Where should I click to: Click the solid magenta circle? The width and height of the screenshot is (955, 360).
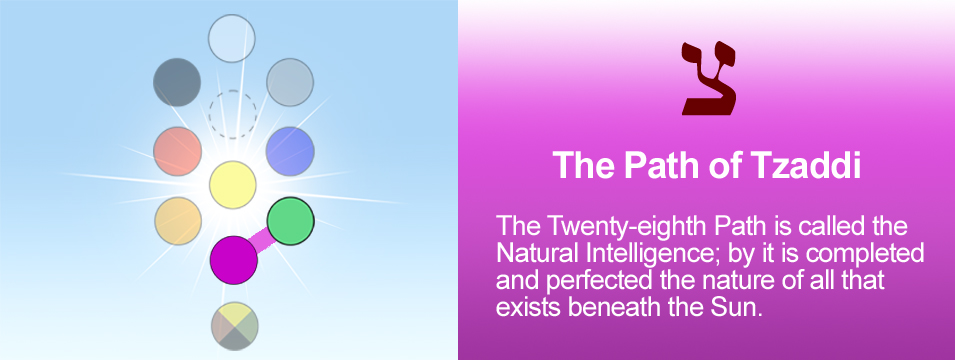click(x=234, y=260)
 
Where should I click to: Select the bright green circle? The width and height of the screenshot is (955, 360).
click(x=291, y=221)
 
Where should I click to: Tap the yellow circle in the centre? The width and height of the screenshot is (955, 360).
click(x=233, y=185)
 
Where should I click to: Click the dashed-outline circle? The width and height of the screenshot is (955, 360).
click(x=233, y=115)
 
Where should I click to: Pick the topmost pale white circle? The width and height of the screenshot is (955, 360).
click(x=231, y=38)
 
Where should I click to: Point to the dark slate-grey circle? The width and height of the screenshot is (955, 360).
click(x=177, y=82)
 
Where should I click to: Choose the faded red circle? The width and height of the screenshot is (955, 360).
click(x=177, y=151)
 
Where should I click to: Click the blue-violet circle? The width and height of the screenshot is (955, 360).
click(x=290, y=151)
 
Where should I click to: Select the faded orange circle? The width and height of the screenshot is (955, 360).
click(x=178, y=221)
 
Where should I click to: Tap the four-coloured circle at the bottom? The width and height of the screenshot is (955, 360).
click(x=234, y=326)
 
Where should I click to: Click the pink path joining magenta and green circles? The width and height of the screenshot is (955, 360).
click(x=262, y=241)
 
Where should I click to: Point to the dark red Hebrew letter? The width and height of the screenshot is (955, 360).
click(x=708, y=78)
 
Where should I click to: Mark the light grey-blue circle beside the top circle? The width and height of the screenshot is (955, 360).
click(x=290, y=82)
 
